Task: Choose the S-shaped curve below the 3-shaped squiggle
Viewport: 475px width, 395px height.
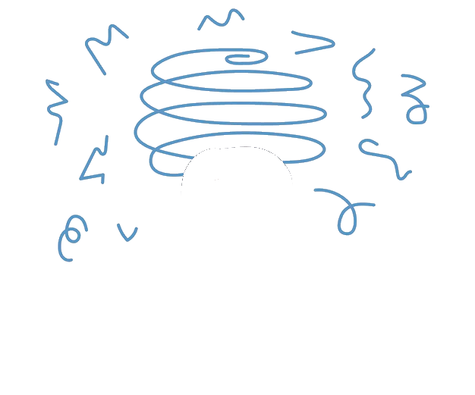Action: [x=383, y=157]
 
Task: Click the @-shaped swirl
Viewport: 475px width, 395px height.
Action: [x=71, y=235]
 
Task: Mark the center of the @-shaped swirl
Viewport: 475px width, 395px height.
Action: [x=74, y=234]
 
